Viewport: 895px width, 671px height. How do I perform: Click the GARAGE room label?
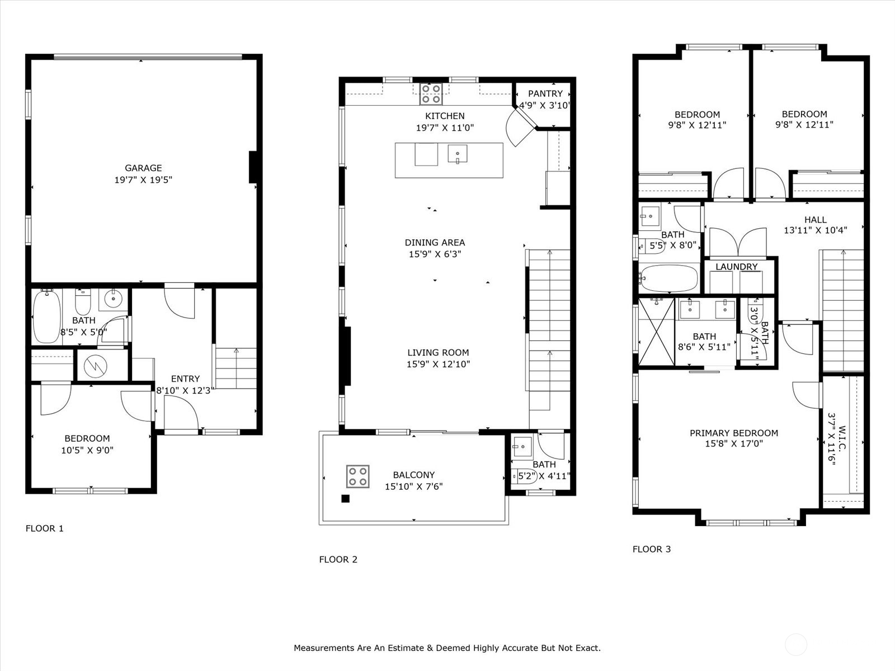tap(143, 168)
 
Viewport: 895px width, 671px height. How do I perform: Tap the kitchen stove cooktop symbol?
tap(431, 94)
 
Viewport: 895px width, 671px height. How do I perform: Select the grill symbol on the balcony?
tap(357, 476)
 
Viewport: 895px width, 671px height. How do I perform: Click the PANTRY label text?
tap(545, 93)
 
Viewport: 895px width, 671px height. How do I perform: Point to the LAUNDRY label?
tap(736, 267)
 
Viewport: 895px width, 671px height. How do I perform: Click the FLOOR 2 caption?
tap(338, 559)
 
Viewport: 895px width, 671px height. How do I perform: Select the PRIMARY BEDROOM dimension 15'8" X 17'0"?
tap(733, 444)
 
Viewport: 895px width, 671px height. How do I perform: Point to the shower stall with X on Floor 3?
tap(656, 333)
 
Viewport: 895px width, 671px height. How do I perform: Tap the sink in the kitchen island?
tap(458, 154)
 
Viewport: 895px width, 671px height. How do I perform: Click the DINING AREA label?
tap(435, 242)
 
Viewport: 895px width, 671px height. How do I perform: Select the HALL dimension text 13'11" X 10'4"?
tap(815, 230)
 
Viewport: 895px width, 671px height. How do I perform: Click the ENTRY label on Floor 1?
tap(185, 379)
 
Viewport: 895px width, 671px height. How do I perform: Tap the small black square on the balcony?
tap(345, 499)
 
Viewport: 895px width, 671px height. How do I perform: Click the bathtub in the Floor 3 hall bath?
tap(670, 278)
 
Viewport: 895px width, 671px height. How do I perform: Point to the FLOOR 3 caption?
tap(651, 549)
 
